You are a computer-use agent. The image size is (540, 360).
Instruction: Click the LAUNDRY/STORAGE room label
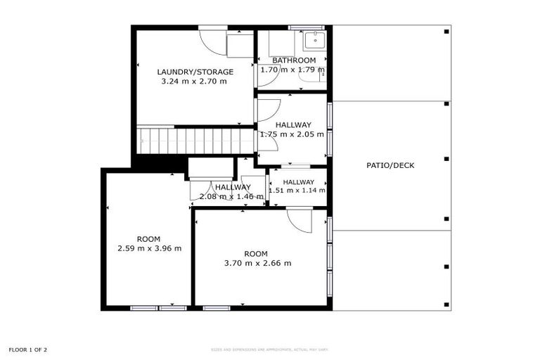195,72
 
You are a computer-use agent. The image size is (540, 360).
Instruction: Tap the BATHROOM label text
294,60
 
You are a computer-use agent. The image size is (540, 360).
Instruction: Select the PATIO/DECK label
390,166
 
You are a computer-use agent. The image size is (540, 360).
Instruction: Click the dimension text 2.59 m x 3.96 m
149,248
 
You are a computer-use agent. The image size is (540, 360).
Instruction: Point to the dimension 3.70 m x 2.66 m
257,264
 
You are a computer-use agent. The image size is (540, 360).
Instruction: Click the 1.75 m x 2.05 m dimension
293,134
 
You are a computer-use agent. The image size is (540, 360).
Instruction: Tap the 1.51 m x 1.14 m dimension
297,190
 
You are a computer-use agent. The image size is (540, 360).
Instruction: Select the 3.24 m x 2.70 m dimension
194,82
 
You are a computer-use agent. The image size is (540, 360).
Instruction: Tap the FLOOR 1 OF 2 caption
28,349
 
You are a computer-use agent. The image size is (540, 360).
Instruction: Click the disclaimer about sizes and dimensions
270,349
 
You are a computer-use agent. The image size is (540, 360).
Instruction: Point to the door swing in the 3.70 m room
300,221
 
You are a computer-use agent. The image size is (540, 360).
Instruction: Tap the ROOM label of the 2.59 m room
149,238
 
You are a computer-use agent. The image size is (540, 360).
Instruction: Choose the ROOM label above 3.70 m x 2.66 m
256,254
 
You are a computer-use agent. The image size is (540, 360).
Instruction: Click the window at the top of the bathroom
307,28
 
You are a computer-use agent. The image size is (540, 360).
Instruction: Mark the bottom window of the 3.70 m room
217,308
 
